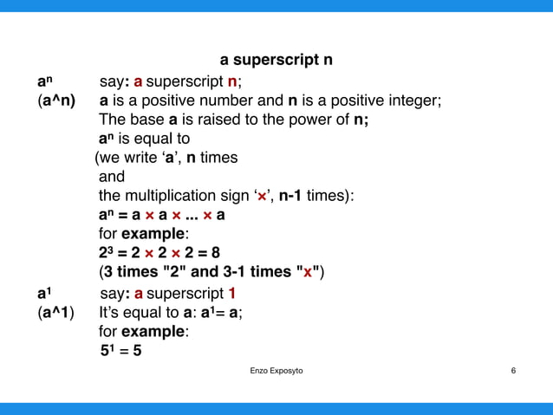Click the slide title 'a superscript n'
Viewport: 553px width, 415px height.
click(x=276, y=61)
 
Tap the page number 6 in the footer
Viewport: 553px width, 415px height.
click(x=514, y=371)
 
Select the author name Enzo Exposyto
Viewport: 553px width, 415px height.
click(x=276, y=371)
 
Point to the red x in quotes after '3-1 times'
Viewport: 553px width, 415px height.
click(x=307, y=272)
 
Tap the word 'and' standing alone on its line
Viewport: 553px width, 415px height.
click(x=112, y=177)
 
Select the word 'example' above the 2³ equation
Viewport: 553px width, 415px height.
click(x=155, y=234)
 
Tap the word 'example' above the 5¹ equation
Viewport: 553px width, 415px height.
click(x=155, y=332)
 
